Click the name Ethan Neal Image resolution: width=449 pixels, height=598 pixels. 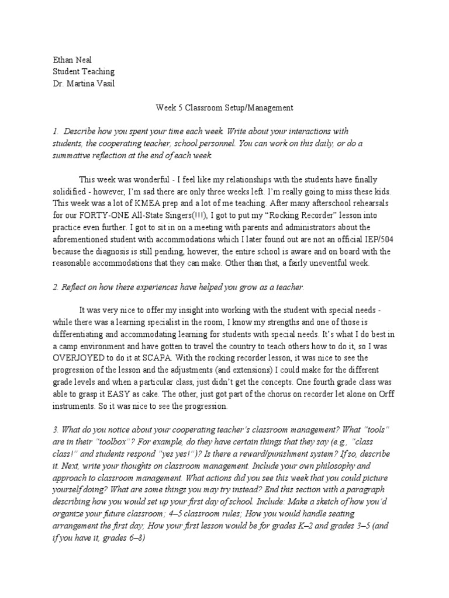tap(69, 60)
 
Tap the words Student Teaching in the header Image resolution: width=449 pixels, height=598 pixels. tap(84, 71)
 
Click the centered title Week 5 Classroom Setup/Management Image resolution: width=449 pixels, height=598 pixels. tap(224, 108)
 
